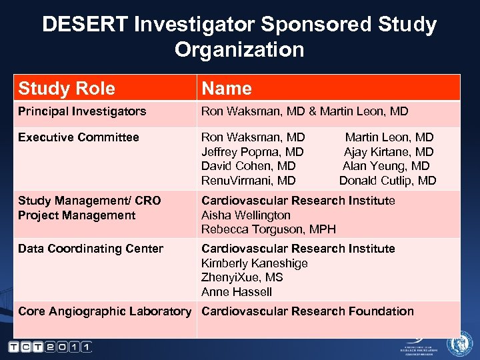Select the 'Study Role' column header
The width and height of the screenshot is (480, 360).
coord(67,88)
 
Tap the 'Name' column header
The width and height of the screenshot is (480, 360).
coord(227,88)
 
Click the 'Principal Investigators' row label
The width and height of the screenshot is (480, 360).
coord(82,111)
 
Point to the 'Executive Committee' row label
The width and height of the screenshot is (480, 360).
coord(79,137)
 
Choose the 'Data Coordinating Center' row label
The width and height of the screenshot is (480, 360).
coord(91,249)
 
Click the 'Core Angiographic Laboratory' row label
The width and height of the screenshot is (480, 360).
coord(105,311)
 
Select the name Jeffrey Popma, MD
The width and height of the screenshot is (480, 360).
coord(253,152)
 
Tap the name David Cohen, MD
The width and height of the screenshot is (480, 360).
coord(249,166)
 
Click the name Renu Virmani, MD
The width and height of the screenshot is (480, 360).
coord(249,181)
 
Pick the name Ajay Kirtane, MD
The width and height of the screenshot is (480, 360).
coord(389,152)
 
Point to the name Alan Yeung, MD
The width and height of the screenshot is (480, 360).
coord(386,166)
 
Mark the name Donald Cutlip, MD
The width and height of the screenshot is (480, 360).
coord(387,181)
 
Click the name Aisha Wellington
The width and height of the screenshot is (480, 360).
coord(246,215)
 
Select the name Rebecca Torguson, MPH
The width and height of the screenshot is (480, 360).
coord(269,229)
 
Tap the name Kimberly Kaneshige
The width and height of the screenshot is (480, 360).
coord(255,263)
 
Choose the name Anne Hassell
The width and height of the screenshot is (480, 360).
coord(237,292)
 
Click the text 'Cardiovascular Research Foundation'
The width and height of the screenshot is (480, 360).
coord(307,311)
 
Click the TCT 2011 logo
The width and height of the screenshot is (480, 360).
coord(51,347)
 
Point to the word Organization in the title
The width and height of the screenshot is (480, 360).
coord(239,50)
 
